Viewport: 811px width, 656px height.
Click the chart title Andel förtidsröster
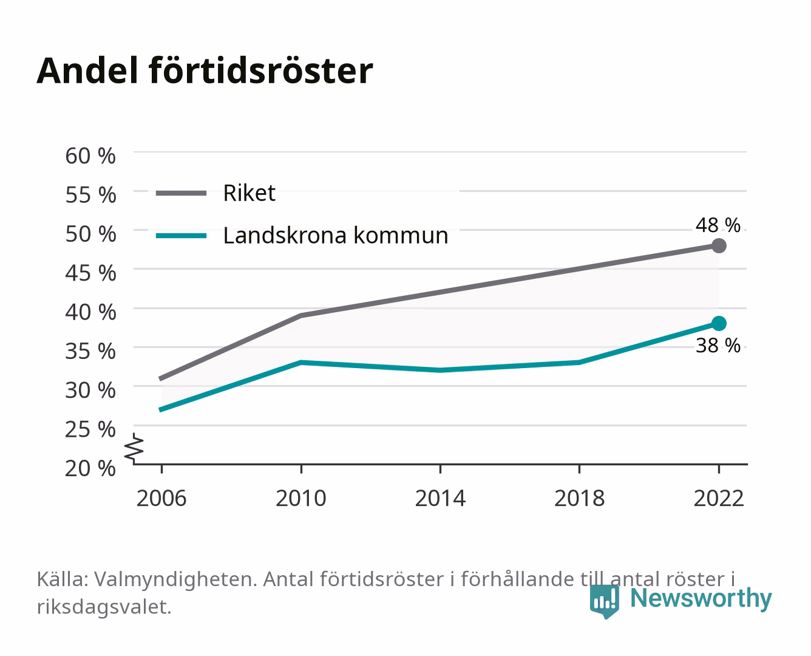pos(205,71)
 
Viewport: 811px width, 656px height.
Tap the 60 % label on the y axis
pos(90,156)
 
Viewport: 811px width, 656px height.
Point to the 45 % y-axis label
pos(90,273)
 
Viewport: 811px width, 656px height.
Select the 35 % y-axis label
pos(90,351)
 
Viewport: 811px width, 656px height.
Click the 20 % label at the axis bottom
pos(90,468)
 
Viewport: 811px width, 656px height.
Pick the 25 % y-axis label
pos(90,429)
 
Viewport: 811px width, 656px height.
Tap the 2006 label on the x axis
pos(161,498)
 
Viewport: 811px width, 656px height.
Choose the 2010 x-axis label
pos(301,498)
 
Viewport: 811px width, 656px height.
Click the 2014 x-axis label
pos(440,498)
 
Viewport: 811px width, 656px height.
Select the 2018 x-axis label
pos(580,498)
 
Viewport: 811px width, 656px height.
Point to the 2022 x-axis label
pos(719,498)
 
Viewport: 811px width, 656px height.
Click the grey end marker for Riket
pos(719,246)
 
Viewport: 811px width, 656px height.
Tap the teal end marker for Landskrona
pos(719,323)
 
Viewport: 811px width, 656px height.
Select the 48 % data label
pos(718,225)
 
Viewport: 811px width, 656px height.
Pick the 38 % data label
pos(718,346)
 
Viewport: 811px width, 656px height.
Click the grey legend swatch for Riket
pos(182,193)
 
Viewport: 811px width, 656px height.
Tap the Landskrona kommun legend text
pos(336,236)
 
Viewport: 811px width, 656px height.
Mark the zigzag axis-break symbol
pos(134,448)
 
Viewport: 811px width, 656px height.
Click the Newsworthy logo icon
pos(604,601)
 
